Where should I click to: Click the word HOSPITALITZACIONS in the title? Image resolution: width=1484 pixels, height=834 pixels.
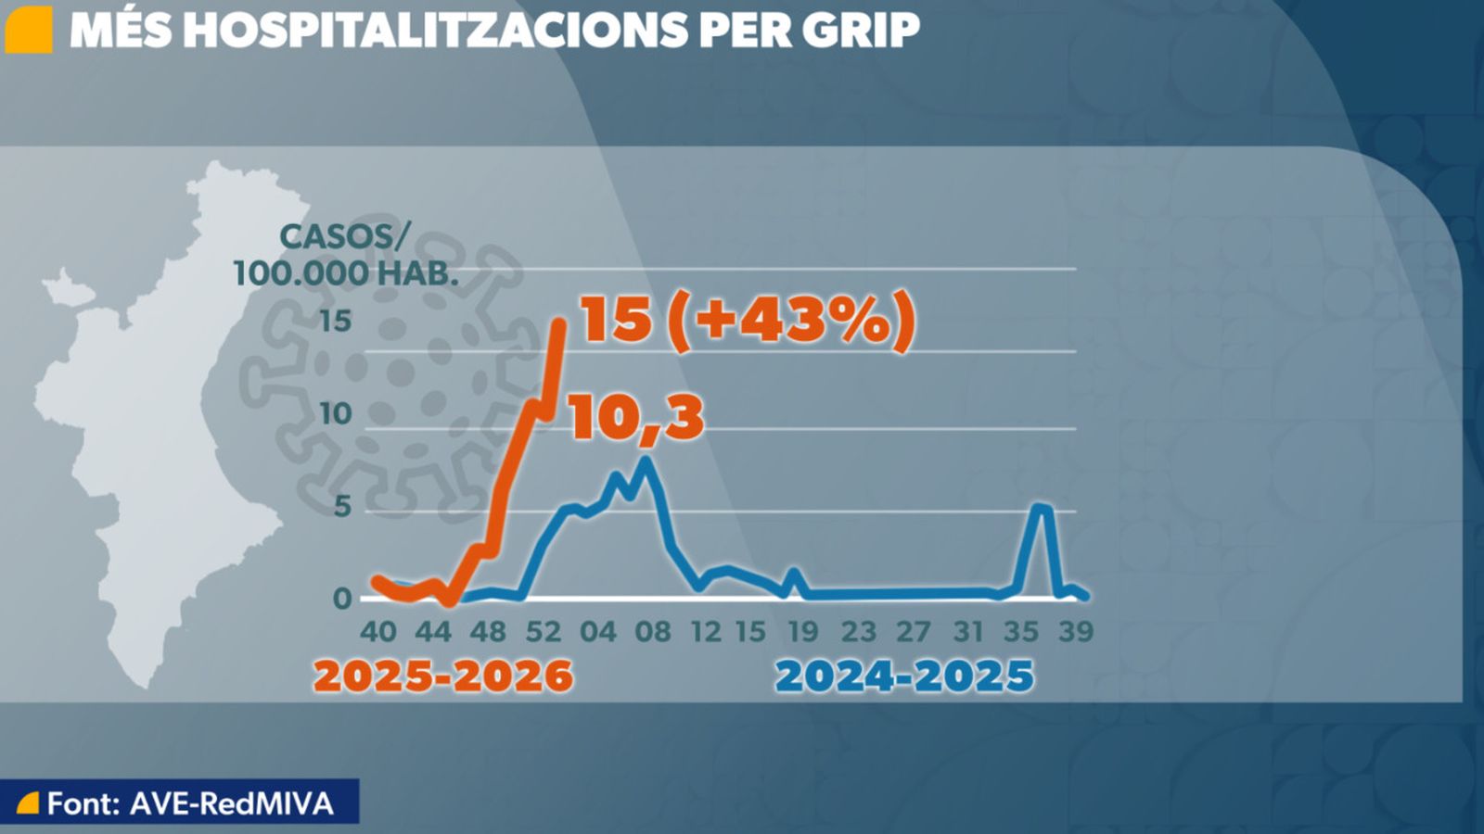coord(436,30)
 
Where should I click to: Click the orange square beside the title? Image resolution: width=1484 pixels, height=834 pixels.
coord(28,30)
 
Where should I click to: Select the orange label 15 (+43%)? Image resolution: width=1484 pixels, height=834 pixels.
coord(748,321)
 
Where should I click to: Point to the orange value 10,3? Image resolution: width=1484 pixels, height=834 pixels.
coord(636,417)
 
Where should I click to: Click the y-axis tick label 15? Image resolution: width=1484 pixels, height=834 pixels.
coord(336,322)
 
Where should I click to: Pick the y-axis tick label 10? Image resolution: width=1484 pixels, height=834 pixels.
coord(335,414)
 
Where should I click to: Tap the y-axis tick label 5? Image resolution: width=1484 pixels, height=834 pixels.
coord(343,507)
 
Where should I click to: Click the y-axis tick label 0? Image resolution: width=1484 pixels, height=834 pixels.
coord(342,599)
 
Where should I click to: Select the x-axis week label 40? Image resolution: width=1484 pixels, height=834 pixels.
coord(377,632)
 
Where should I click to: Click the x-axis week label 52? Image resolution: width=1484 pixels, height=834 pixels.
coord(543,632)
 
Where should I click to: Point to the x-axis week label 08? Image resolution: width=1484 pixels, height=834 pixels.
coord(652,632)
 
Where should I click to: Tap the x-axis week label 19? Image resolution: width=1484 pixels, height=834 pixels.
coord(802,632)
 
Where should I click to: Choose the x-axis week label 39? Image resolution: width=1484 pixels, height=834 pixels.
coord(1076,632)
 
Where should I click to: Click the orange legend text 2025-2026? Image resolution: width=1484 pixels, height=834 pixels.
coord(443,676)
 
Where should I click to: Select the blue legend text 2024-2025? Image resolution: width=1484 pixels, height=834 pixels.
coord(904,676)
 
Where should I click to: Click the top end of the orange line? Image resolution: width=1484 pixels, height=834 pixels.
coord(559,323)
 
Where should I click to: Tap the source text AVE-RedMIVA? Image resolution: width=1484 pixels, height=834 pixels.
coord(231,803)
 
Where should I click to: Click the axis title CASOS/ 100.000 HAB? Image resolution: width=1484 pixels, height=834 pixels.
coord(345,255)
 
